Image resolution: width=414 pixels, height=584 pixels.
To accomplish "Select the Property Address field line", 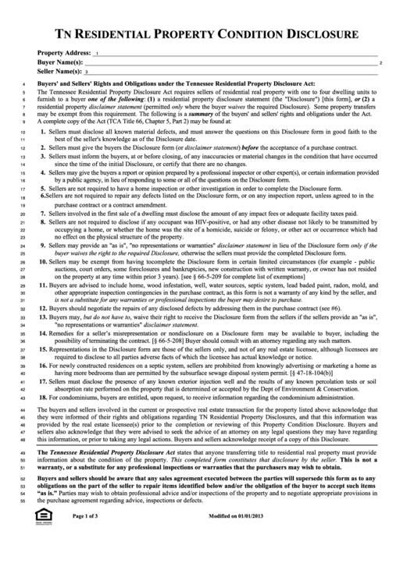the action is [x=234, y=55].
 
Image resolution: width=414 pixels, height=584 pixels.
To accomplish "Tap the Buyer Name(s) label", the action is [x=60, y=61].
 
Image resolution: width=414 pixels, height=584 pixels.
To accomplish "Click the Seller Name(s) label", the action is [x=60, y=70].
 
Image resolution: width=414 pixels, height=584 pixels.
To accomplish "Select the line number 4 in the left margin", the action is [x=25, y=82].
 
